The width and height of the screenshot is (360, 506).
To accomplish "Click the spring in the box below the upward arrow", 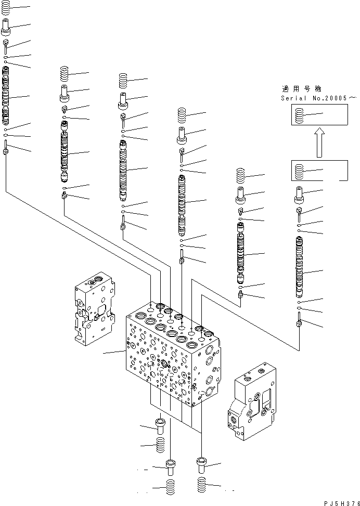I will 299,171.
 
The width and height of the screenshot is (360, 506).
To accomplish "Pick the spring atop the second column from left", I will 65,73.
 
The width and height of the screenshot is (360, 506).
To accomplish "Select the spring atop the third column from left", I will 123,80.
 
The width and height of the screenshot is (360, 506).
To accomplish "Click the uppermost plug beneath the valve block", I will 160,425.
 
